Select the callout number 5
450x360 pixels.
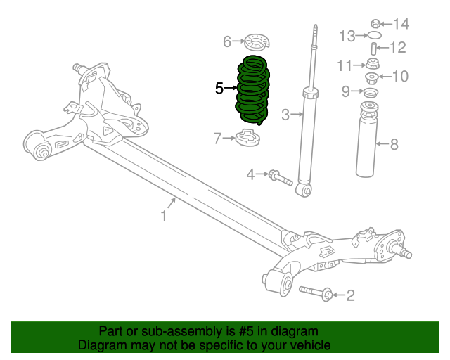click(219, 88)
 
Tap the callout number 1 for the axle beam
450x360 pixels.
click(163, 216)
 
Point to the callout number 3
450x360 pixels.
click(285, 115)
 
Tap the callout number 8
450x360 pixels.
click(394, 145)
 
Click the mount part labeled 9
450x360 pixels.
click(370, 92)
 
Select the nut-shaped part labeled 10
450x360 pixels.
click(373, 77)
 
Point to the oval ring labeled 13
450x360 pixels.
click(375, 34)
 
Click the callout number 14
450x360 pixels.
click(401, 24)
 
